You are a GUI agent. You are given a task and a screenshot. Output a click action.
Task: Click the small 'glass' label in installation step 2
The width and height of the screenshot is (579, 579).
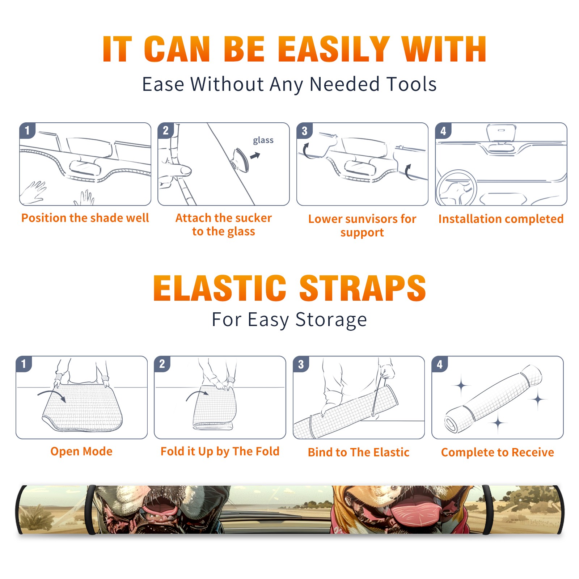click(263, 140)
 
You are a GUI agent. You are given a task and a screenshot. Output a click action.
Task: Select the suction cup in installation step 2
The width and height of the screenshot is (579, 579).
click(241, 160)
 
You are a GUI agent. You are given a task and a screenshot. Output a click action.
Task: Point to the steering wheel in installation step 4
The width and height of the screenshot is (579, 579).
click(456, 188)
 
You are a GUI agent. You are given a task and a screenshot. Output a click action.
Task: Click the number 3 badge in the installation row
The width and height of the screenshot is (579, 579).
click(304, 131)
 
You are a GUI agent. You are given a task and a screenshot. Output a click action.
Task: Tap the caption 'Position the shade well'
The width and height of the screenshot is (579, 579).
click(85, 218)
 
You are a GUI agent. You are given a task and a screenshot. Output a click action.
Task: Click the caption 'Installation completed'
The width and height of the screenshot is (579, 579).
click(501, 219)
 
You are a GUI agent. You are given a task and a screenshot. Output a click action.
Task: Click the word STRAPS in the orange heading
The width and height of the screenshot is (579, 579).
click(363, 288)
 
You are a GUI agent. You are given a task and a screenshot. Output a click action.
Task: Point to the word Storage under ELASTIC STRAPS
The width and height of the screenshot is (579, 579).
click(331, 320)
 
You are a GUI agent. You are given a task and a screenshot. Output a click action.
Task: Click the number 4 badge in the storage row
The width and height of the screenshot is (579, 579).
click(440, 364)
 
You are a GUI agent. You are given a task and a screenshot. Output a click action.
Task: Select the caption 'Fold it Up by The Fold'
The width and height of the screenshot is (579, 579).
click(220, 452)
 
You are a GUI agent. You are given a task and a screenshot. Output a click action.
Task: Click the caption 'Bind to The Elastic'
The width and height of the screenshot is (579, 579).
click(358, 452)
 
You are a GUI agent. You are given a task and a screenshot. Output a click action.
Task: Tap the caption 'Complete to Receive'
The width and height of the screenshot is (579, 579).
click(498, 452)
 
